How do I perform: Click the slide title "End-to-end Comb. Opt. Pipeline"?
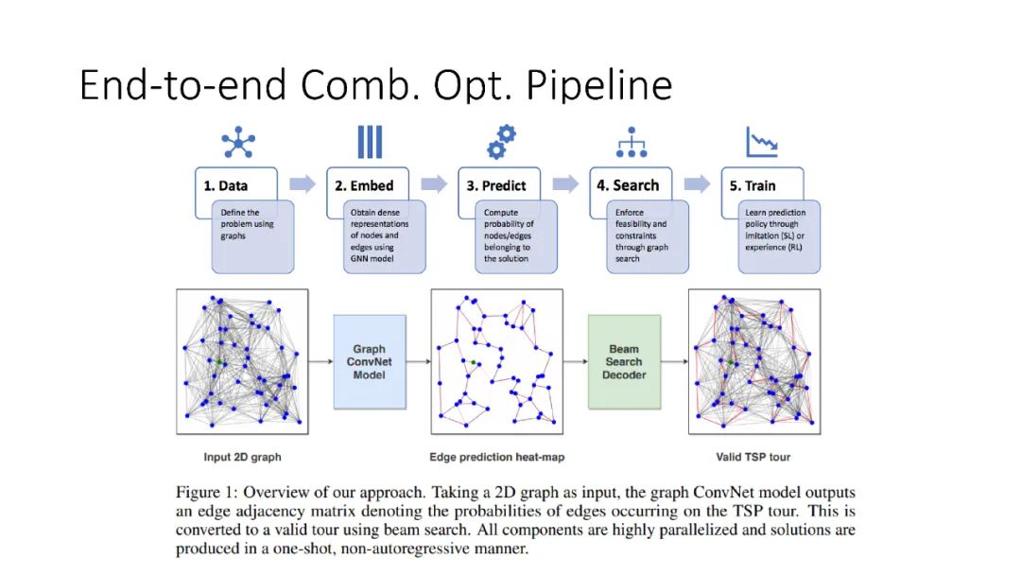click(375, 85)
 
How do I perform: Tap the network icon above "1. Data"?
click(238, 143)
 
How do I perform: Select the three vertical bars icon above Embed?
click(370, 142)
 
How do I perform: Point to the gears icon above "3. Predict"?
click(501, 142)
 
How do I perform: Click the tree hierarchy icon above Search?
click(632, 142)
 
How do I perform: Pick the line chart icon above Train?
click(762, 143)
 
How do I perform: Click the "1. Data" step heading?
click(226, 185)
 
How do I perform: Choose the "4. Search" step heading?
click(628, 185)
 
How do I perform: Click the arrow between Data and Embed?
click(303, 183)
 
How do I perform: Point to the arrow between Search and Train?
click(697, 183)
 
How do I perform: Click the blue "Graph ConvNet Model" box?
click(370, 362)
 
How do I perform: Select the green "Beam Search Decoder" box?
click(624, 362)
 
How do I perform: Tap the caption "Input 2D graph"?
click(242, 458)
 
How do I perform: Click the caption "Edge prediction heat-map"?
click(496, 458)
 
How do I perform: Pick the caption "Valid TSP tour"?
click(753, 458)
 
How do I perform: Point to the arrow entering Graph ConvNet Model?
click(321, 361)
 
